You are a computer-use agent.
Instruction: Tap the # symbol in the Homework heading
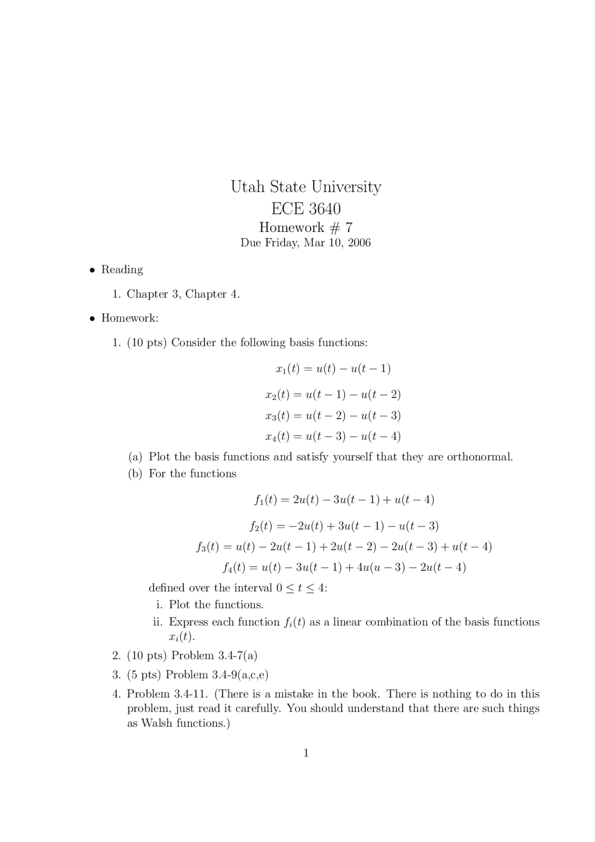[x=334, y=227]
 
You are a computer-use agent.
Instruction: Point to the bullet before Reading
[x=93, y=270]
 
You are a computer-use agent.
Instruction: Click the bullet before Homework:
[x=93, y=318]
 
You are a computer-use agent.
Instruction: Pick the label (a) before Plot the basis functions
[x=135, y=457]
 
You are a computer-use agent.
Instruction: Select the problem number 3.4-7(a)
[x=238, y=656]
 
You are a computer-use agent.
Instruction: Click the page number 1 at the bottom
[x=306, y=753]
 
